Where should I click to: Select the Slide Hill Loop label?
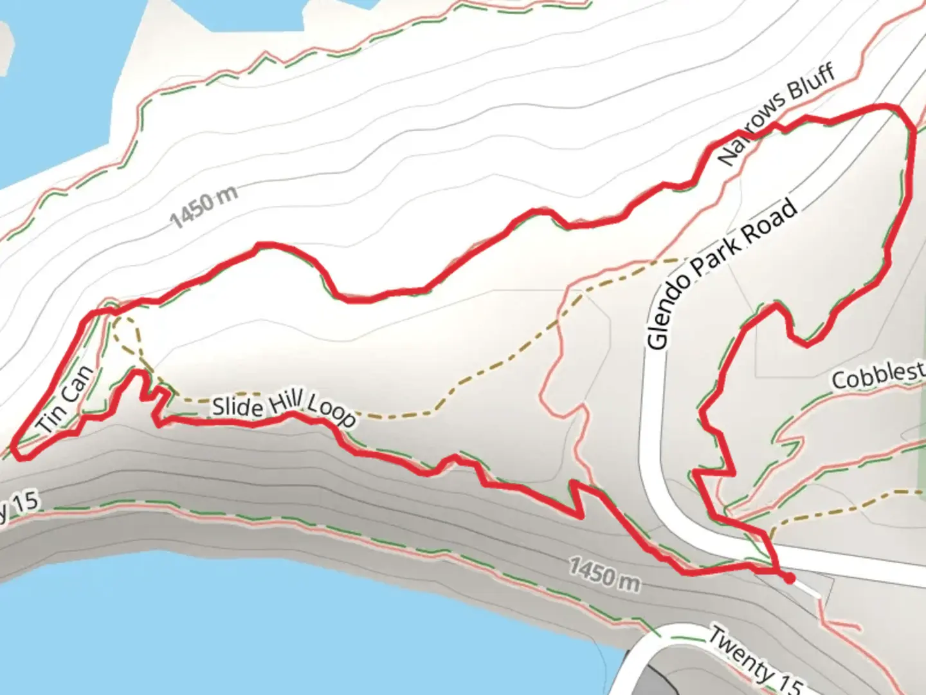click(x=283, y=410)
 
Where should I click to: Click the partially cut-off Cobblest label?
click(x=878, y=375)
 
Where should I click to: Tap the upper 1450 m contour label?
click(x=204, y=207)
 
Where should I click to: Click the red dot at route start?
click(x=790, y=579)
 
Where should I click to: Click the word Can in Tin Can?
click(x=78, y=384)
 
